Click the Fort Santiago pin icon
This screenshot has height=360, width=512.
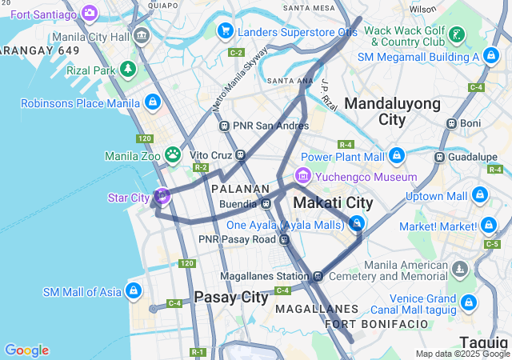(89, 13)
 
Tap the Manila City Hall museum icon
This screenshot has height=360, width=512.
(142, 36)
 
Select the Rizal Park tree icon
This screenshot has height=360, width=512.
(128, 70)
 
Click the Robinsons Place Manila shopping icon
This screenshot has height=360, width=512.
(152, 102)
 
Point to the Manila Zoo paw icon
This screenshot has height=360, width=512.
(172, 154)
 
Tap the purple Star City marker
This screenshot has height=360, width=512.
(162, 195)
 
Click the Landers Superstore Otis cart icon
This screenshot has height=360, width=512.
(226, 31)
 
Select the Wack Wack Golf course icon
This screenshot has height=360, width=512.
(456, 34)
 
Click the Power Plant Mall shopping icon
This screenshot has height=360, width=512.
(397, 155)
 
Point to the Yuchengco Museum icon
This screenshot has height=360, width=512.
(302, 176)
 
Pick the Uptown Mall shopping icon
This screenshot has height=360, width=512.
(479, 195)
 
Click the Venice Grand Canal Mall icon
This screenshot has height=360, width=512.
(468, 303)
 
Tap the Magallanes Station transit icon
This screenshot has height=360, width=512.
(318, 277)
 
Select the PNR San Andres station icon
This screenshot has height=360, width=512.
(225, 126)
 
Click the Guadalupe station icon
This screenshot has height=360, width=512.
(439, 157)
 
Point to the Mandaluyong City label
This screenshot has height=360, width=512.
(392, 111)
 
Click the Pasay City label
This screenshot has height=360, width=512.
(231, 297)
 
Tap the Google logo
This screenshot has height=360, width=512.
(26, 350)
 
